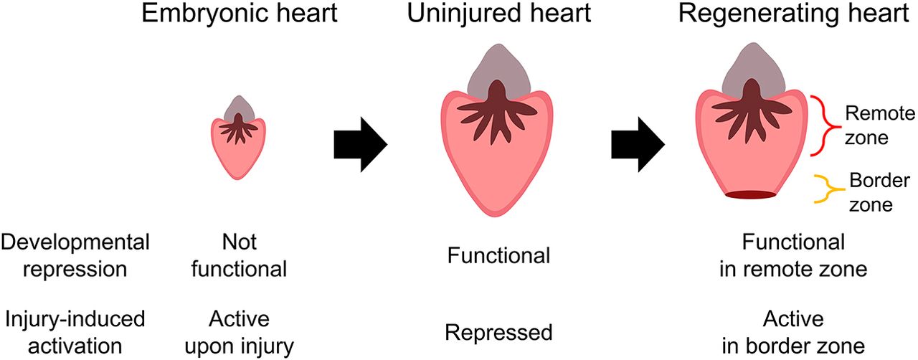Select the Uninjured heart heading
tap(500, 14)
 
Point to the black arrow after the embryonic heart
tap(360, 146)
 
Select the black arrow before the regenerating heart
tap(636, 146)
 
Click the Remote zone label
tap(870, 125)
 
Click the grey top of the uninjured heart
tap(498, 72)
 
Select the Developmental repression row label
tap(75, 255)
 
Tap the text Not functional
tap(238, 255)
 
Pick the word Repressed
tap(498, 333)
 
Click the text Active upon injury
tap(238, 332)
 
